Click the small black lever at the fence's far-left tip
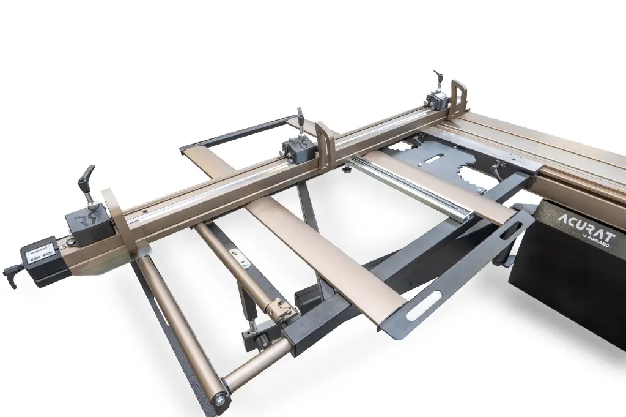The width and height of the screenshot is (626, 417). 12,272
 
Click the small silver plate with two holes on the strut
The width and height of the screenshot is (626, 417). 240,258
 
